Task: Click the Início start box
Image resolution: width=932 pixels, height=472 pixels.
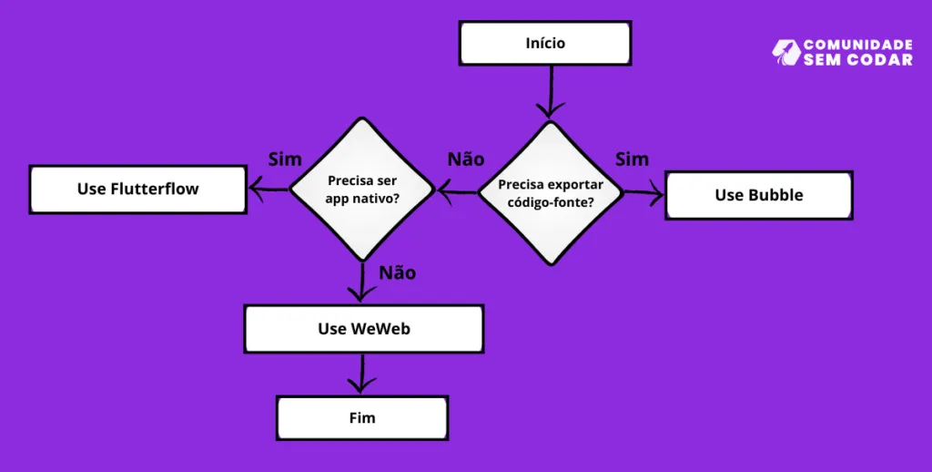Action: click(x=544, y=44)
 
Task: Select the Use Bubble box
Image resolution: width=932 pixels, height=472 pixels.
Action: click(x=759, y=195)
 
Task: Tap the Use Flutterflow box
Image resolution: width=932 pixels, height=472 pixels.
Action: click(x=137, y=190)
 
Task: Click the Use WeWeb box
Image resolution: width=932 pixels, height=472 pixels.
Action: click(x=363, y=329)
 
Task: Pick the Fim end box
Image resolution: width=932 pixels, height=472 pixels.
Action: click(x=361, y=418)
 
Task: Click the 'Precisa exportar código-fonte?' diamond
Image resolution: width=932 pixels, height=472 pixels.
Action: click(x=551, y=193)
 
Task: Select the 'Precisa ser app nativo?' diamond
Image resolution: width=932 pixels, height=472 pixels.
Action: click(x=362, y=190)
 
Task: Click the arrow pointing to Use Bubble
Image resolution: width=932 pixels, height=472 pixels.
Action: click(x=643, y=192)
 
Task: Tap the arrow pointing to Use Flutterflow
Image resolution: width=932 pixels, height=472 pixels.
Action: click(x=268, y=190)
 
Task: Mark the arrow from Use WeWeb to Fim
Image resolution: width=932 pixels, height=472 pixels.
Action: click(x=362, y=374)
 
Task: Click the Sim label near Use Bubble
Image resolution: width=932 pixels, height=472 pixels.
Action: click(x=632, y=159)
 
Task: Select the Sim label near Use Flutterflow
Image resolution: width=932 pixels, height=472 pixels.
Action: click(x=285, y=159)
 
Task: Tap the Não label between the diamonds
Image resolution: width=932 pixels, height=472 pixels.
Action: click(x=466, y=159)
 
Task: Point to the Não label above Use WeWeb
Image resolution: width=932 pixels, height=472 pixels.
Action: click(x=398, y=272)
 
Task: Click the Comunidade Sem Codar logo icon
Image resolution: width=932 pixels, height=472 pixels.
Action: click(x=785, y=52)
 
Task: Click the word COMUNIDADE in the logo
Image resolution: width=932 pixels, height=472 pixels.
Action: click(x=857, y=45)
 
